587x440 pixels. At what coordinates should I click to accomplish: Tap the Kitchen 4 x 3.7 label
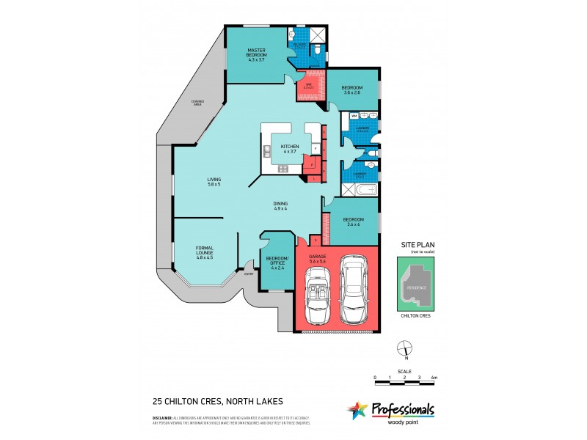click(x=290, y=149)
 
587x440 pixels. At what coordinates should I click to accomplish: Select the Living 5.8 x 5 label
click(x=214, y=181)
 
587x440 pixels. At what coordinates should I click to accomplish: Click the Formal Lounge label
click(x=204, y=254)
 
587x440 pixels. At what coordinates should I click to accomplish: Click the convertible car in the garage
click(x=318, y=296)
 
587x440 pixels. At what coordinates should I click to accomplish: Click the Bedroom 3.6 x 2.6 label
click(x=353, y=89)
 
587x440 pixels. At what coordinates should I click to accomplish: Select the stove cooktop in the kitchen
click(x=283, y=168)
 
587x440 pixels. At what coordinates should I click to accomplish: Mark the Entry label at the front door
click(x=249, y=275)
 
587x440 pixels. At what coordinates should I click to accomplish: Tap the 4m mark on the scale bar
click(x=434, y=378)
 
